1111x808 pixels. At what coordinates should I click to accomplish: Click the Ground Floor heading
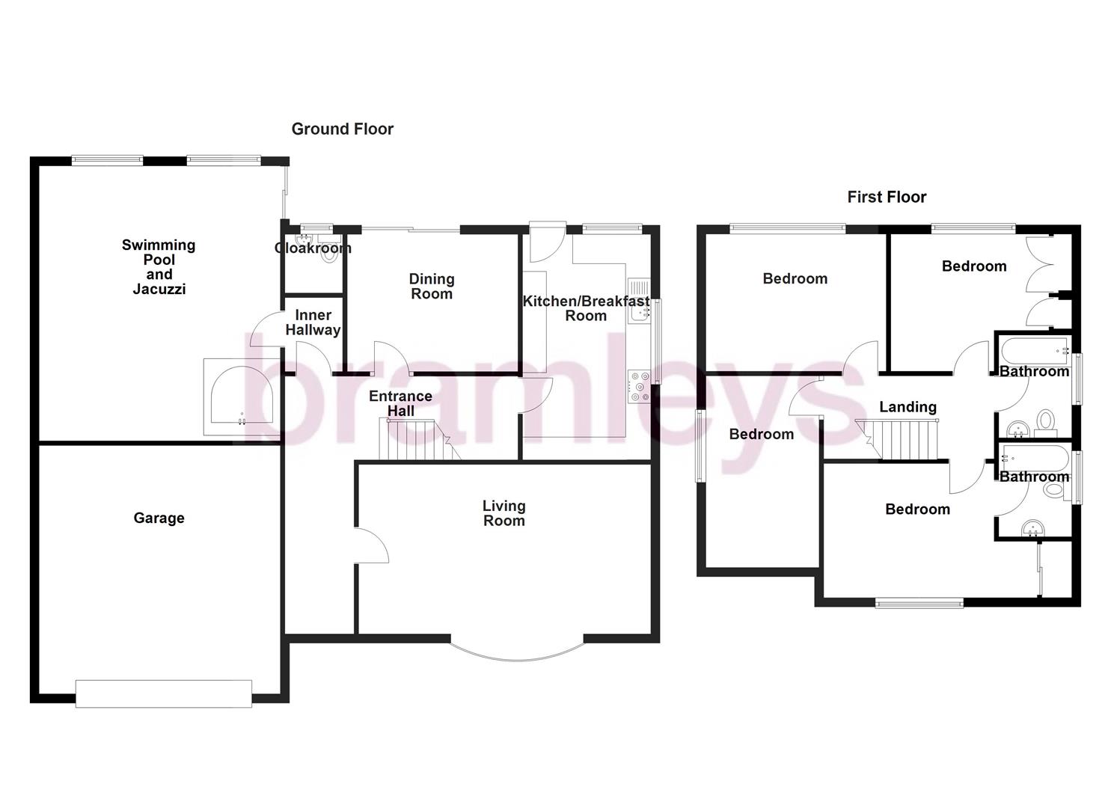342,129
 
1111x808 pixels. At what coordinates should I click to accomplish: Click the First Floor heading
887,197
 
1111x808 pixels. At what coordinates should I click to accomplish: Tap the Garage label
159,518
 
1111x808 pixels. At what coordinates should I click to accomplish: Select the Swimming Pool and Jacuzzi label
159,266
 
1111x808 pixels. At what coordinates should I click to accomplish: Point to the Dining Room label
432,286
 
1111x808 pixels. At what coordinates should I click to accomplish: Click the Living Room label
504,513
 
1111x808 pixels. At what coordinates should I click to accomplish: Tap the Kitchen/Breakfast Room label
586,308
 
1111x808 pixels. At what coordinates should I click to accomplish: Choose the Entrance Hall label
400,403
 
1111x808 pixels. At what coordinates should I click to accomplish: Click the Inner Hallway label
313,322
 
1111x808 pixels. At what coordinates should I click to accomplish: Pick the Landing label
908,407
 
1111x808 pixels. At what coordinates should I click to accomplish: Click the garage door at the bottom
164,693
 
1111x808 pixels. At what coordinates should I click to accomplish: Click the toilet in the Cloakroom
327,255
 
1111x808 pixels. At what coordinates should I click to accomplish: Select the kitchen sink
639,302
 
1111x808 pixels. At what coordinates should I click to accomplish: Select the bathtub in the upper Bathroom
1032,349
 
